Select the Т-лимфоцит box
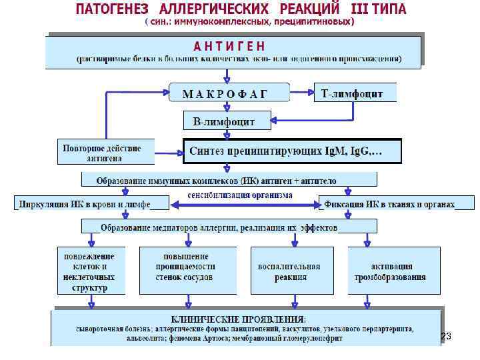[x=353, y=93]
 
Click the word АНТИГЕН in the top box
[x=229, y=45]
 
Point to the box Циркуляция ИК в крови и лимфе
[x=84, y=204]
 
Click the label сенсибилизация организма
[x=240, y=196]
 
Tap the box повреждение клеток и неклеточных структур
[x=89, y=271]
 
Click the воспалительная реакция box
[x=289, y=271]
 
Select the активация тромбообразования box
[x=393, y=271]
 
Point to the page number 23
[x=446, y=338]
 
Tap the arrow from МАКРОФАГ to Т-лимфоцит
[x=301, y=92]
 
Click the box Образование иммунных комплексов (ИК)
[x=229, y=180]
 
